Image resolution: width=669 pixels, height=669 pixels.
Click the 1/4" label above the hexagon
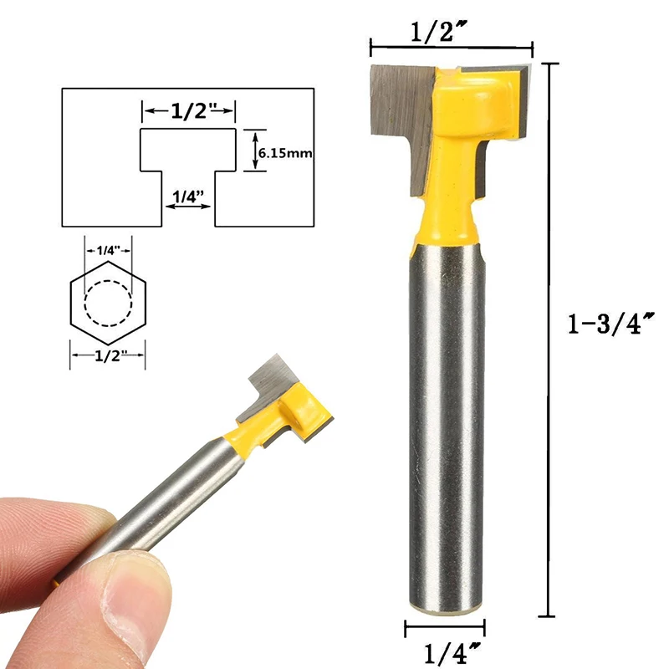[108, 250]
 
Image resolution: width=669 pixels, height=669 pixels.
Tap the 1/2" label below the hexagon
[108, 355]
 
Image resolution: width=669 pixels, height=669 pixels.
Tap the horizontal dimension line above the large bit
[452, 47]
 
